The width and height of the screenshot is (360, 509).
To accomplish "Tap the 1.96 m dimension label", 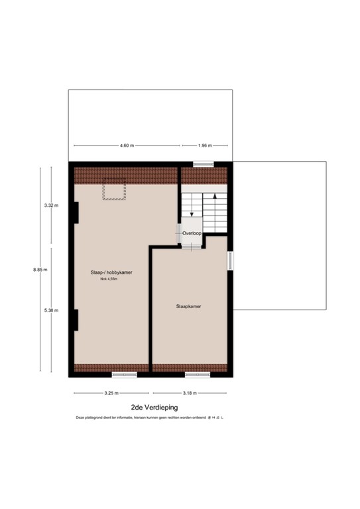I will point(205,145).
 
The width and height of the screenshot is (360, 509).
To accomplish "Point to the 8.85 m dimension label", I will point(40,270).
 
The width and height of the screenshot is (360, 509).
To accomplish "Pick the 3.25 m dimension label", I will point(111,393).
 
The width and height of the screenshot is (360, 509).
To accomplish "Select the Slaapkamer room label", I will point(189,307).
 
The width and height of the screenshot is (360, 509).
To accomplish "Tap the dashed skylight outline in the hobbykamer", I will point(114,191).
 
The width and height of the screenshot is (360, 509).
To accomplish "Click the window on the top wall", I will point(203,164).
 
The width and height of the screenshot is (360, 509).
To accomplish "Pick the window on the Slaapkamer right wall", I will point(231,260).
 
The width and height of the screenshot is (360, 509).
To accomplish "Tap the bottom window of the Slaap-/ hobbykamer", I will point(124,374).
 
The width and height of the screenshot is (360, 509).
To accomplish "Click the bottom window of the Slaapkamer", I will point(198,374).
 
